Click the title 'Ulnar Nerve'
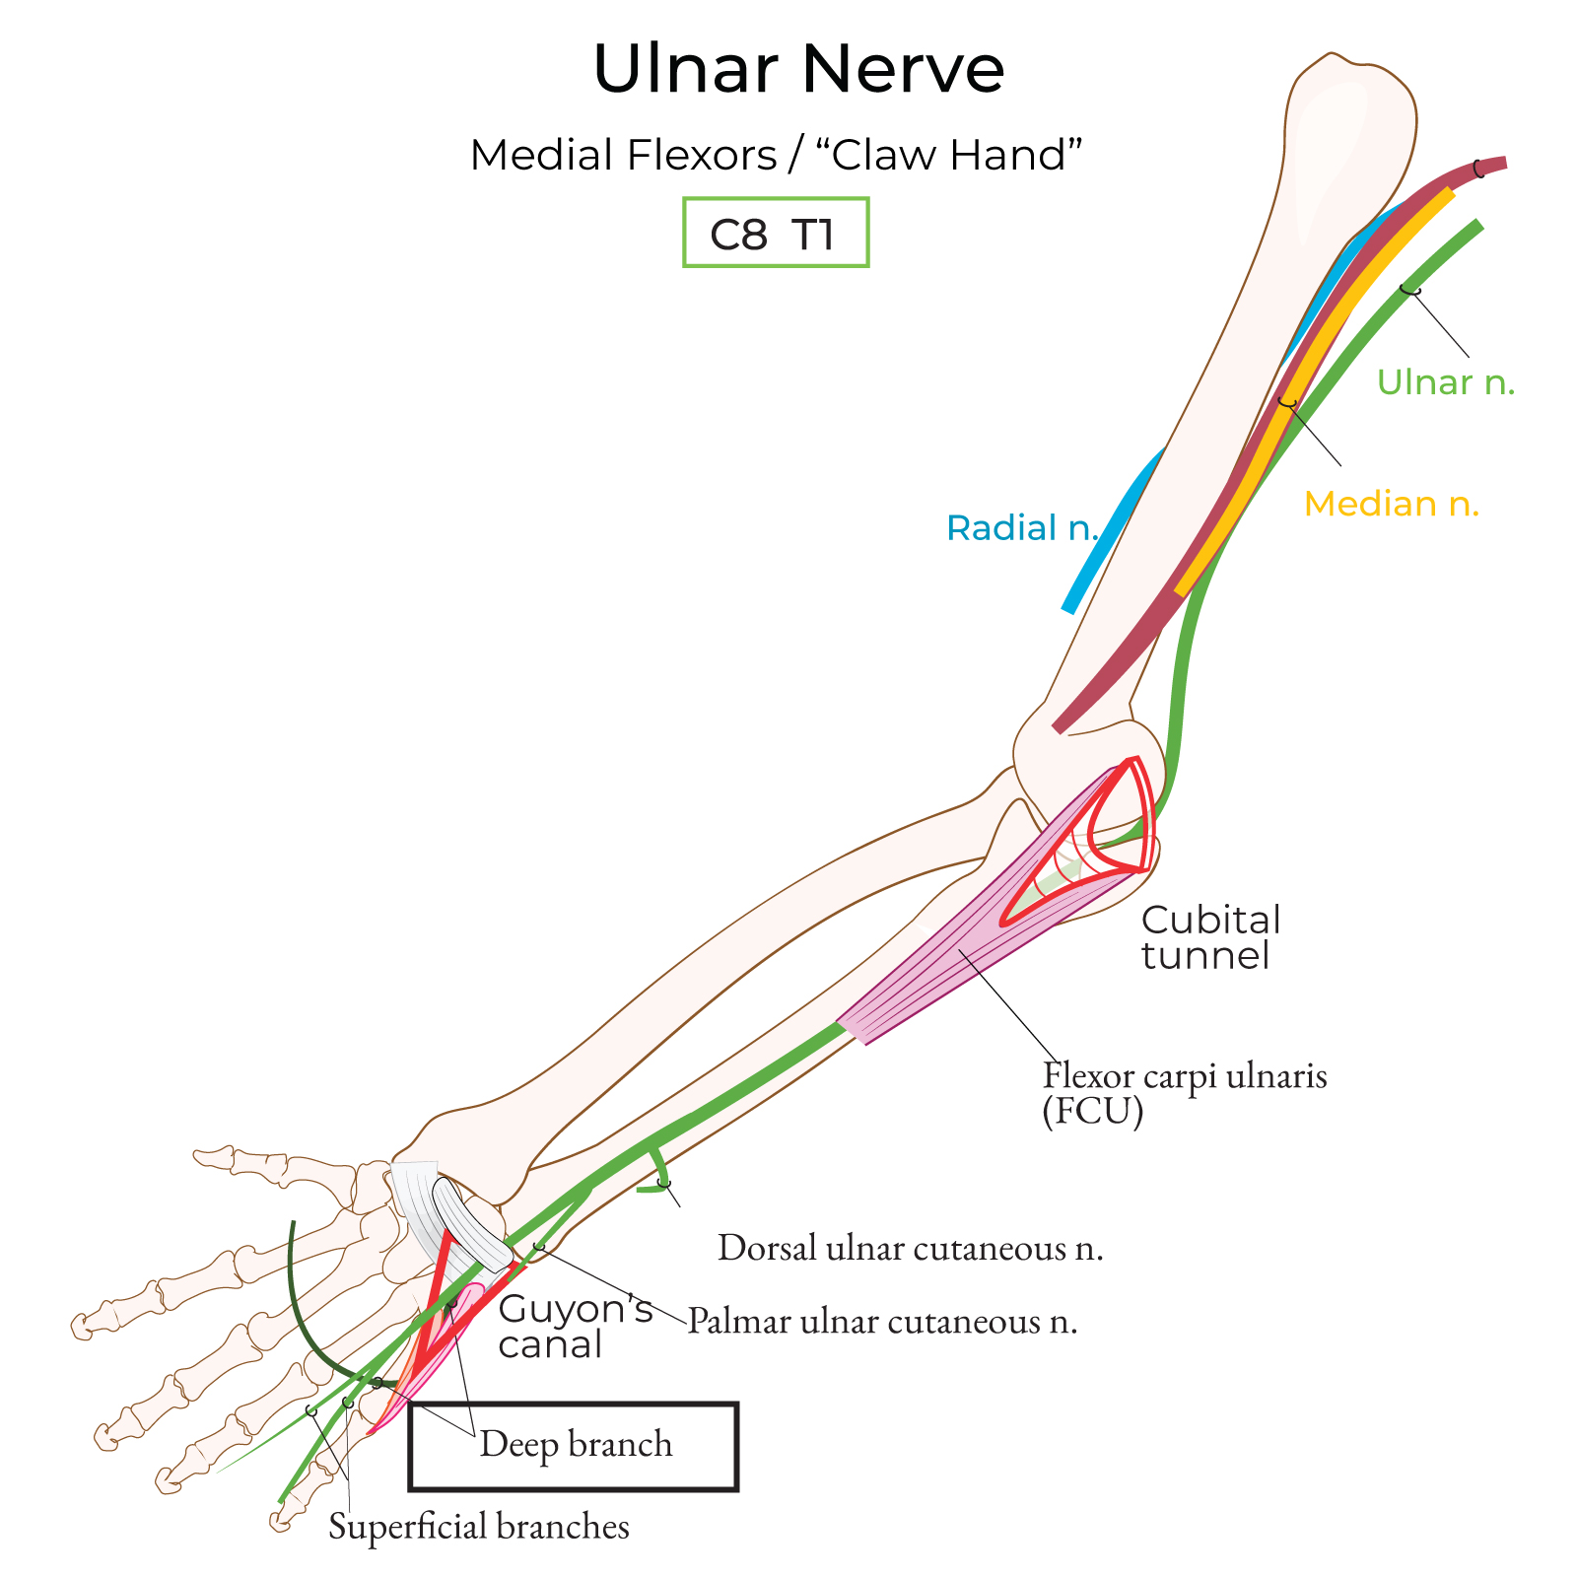click(798, 69)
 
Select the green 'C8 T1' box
click(776, 234)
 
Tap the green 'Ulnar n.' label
click(1445, 382)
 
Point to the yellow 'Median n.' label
click(1391, 504)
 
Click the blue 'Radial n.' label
click(1021, 528)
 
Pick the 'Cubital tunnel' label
click(1209, 937)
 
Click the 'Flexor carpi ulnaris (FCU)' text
click(1184, 1092)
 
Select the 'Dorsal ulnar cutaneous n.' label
click(910, 1248)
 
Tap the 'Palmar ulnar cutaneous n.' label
click(882, 1321)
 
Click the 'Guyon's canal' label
click(574, 1327)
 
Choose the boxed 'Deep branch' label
click(575, 1445)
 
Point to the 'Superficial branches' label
click(479, 1526)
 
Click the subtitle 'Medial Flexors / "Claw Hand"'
click(776, 155)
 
